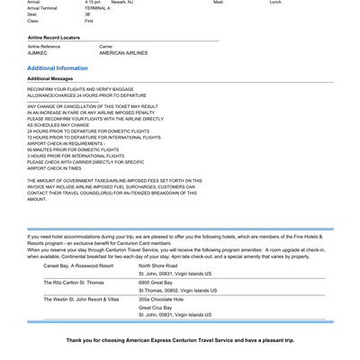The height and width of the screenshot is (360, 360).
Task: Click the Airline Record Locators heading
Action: tap(56, 37)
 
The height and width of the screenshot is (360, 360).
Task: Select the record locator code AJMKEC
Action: tap(38, 53)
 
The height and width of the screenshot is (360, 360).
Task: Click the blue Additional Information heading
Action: tap(58, 67)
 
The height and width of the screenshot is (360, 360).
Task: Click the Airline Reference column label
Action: tap(47, 46)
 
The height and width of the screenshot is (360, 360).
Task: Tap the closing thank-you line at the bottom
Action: tap(180, 341)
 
